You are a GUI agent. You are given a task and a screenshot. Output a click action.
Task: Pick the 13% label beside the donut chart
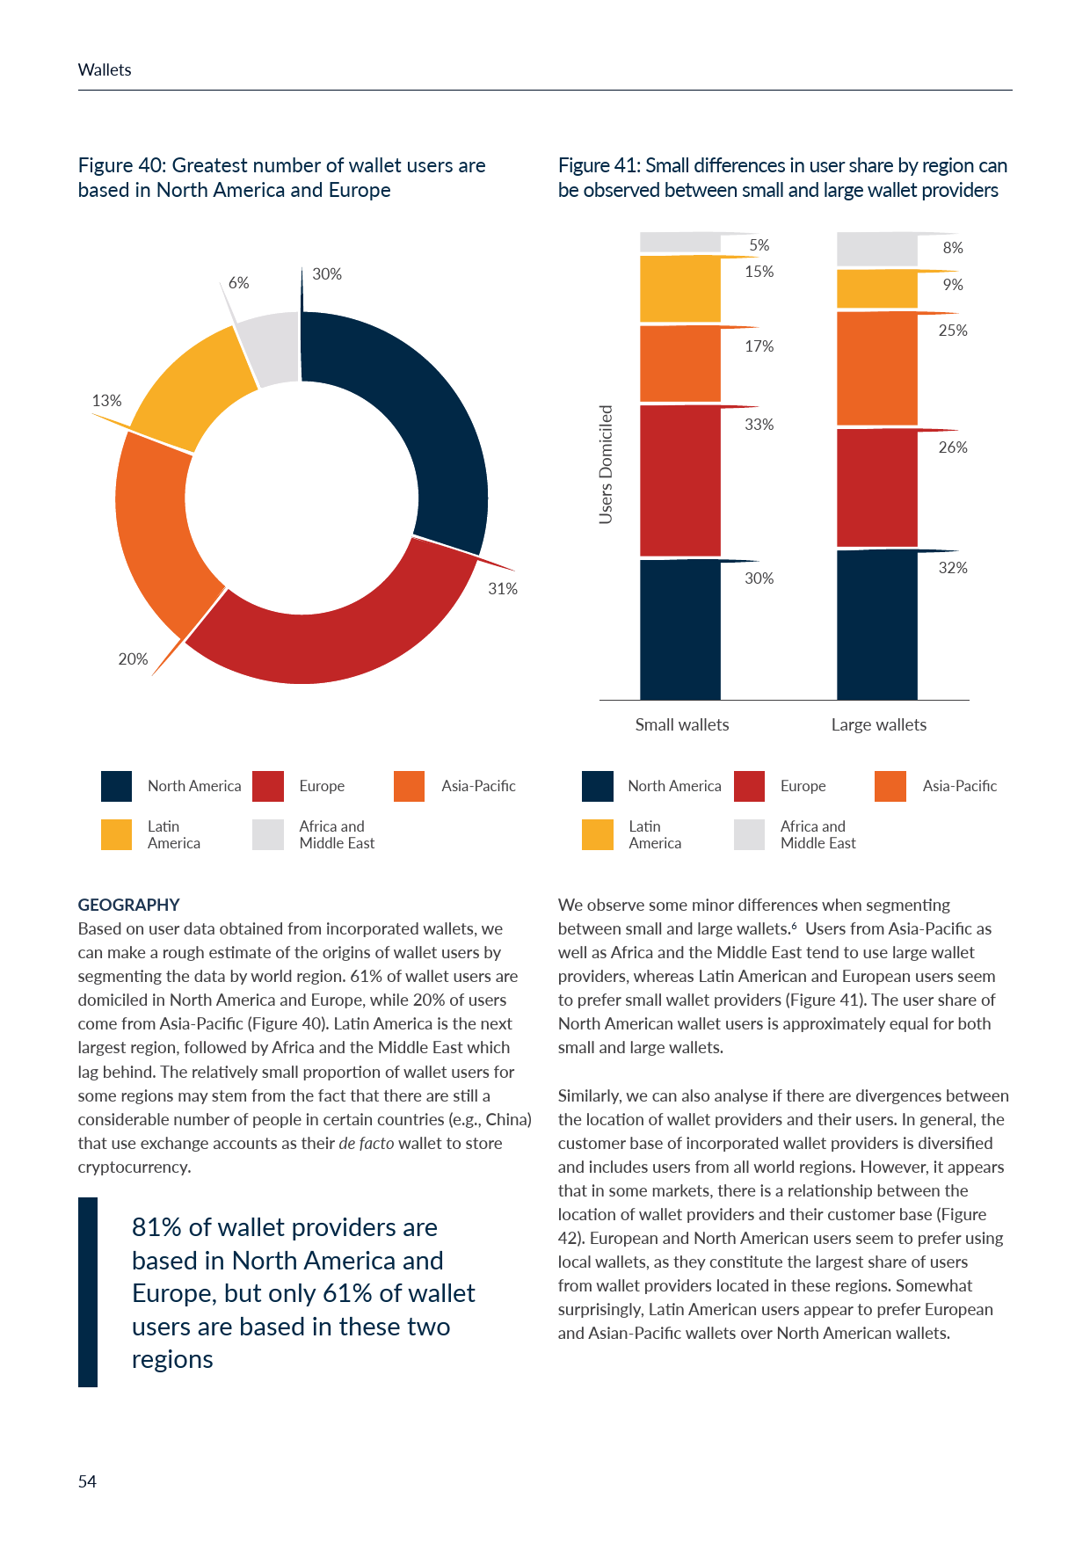point(106,401)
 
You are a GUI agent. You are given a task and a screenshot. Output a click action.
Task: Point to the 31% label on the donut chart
point(503,589)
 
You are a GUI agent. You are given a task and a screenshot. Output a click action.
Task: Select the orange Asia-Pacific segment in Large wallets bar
point(876,369)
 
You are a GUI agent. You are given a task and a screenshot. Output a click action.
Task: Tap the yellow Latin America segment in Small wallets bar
point(679,289)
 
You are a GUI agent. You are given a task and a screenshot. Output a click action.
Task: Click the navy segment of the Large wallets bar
point(876,624)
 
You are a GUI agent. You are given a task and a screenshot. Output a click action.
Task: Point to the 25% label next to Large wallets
point(953,331)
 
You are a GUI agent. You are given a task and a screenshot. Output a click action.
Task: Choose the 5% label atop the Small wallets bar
point(759,245)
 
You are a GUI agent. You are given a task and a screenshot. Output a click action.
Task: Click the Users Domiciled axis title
point(606,464)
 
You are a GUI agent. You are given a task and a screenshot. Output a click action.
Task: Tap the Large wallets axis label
point(878,724)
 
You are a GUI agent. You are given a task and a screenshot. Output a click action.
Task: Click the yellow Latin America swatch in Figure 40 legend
point(116,834)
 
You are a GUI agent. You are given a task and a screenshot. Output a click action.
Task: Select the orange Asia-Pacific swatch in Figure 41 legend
point(890,786)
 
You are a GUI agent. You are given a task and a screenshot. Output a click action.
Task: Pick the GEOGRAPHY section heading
point(128,905)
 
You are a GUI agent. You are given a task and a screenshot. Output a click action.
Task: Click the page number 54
point(87,1481)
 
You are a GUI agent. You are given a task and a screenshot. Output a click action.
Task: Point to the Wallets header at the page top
point(105,70)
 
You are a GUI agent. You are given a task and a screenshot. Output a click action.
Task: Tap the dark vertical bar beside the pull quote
point(88,1292)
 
